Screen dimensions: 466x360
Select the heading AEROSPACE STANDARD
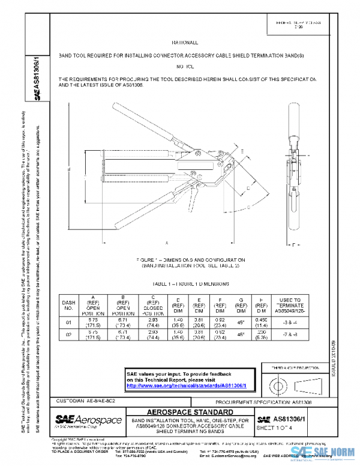[x=189, y=411]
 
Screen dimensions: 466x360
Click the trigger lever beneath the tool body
[x=192, y=196]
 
